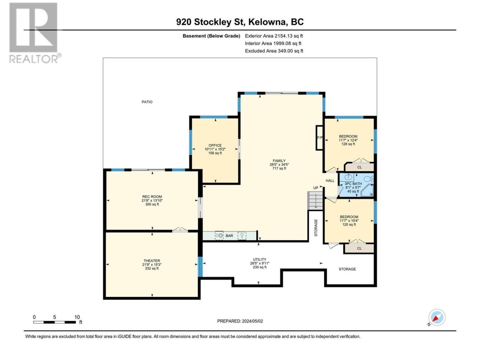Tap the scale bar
[x=55, y=322]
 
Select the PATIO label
[x=147, y=102]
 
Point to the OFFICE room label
[x=215, y=149]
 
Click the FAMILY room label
[x=279, y=164]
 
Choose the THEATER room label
[x=152, y=264]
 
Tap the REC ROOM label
[x=152, y=200]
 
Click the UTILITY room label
[x=259, y=263]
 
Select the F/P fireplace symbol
[x=319, y=138]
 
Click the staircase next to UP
[x=315, y=201]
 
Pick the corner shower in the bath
[x=367, y=190]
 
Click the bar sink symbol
[x=219, y=235]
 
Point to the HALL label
[x=330, y=180]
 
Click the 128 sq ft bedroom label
[x=348, y=140]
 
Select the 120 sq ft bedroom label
[x=349, y=220]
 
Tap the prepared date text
[x=240, y=321]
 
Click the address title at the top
[x=240, y=22]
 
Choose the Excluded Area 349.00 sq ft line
[x=274, y=51]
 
